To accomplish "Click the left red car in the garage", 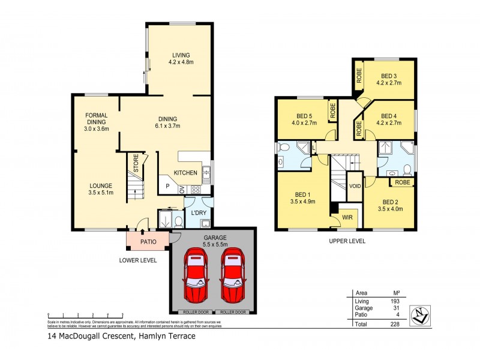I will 196,277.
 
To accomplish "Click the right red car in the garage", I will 233,277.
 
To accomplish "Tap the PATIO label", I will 148,242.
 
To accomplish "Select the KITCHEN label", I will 185,173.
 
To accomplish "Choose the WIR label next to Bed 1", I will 347,217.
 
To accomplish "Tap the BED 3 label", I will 389,76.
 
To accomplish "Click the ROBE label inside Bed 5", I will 332,110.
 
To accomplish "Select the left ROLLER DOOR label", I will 195,313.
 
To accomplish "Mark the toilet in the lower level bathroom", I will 177,221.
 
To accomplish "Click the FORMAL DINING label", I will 96,122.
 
